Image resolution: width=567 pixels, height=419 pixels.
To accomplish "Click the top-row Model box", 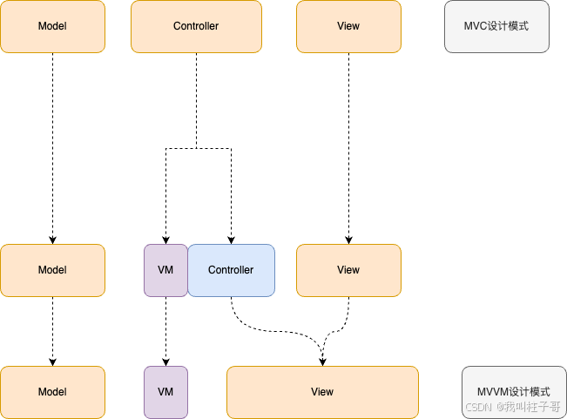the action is (x=52, y=26).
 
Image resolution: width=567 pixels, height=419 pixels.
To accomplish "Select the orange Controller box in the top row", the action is (x=196, y=26).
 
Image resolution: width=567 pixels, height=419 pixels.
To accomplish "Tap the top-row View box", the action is (x=348, y=26).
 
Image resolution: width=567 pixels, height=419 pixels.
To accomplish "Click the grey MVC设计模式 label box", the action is (x=496, y=26).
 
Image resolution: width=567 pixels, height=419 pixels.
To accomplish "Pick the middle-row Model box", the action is (x=52, y=270).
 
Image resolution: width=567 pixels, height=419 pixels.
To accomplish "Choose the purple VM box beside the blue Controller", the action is (x=165, y=270).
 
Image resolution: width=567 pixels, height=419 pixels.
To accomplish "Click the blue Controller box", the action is (x=231, y=270).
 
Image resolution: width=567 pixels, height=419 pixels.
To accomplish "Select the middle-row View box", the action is (x=348, y=270).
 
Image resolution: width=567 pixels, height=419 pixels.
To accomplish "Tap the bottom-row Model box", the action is (x=52, y=392).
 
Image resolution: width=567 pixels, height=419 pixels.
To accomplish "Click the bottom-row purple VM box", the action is (x=165, y=392).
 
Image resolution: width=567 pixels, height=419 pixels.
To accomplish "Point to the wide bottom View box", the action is (x=322, y=392).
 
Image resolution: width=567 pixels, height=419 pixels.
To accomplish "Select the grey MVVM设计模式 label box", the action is (x=514, y=392).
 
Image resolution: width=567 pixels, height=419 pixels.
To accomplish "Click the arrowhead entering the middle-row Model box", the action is (x=52, y=240).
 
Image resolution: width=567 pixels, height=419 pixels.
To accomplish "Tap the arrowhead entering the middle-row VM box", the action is (x=165, y=240).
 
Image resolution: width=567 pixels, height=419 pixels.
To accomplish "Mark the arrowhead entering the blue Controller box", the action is (x=231, y=240).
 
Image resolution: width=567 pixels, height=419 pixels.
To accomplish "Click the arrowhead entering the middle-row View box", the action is (x=348, y=240).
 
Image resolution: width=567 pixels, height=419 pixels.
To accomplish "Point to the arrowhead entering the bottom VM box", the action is (x=165, y=362).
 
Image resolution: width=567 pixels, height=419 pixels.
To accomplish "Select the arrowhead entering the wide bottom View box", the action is (x=322, y=362).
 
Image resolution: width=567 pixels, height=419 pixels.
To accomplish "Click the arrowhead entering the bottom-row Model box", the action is (x=52, y=362).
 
